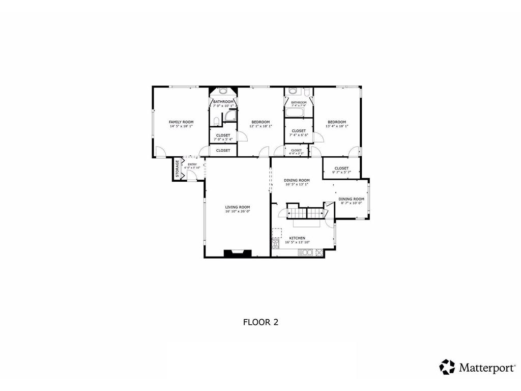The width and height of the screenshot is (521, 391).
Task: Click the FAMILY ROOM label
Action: point(181,122)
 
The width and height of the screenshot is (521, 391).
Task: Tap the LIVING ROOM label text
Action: point(238,207)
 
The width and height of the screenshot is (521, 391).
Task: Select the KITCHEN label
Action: point(297,238)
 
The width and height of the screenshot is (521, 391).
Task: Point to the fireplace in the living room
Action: point(237,253)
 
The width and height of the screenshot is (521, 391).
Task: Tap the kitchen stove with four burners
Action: point(320,252)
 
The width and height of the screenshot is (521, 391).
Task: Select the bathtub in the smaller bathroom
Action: point(295,111)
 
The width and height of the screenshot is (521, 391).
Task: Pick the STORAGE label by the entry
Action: point(178,169)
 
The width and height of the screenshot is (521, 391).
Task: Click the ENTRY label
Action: point(192,164)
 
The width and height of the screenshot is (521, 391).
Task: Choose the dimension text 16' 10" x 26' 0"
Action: point(238,211)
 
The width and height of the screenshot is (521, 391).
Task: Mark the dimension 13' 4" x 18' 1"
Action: point(337,126)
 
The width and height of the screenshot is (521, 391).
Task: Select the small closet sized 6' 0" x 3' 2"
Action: point(296,151)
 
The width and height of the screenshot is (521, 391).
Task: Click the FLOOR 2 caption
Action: point(260,322)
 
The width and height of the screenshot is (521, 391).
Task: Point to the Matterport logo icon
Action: point(447,367)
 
